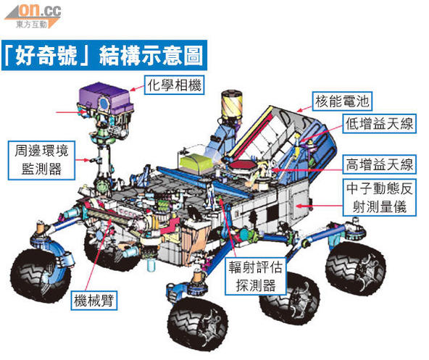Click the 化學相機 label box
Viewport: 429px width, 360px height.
coord(174,85)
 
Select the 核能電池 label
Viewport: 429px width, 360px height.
coord(342,101)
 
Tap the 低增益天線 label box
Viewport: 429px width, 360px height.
coord(379,124)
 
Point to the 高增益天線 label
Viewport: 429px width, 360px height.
coord(379,164)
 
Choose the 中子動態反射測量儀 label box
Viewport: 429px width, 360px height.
coord(379,198)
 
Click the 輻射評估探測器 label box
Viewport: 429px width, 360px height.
coord(256,276)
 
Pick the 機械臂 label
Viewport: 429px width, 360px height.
coord(94,301)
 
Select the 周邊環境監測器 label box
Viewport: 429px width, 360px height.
coord(41,160)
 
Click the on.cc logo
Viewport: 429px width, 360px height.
coord(33,16)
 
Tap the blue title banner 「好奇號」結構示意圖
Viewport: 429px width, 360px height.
coord(104,56)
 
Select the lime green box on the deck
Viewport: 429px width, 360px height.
coord(196,164)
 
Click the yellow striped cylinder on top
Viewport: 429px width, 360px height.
coord(231,104)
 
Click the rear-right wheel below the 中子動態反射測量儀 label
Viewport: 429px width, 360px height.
coord(355,267)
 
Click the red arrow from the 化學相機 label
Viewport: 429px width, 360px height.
coord(137,88)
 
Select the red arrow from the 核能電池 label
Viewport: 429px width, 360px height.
coord(305,109)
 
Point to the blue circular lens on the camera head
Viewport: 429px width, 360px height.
coord(104,103)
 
